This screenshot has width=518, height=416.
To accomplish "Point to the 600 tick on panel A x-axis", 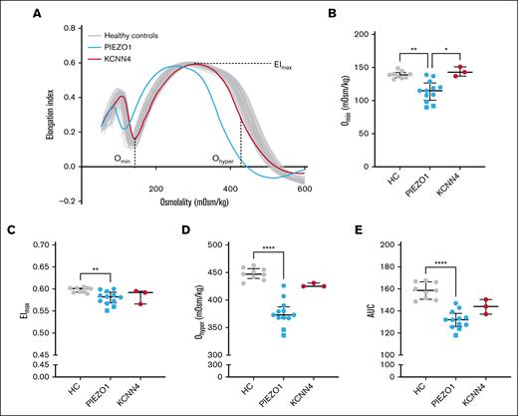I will click(x=304, y=189).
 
